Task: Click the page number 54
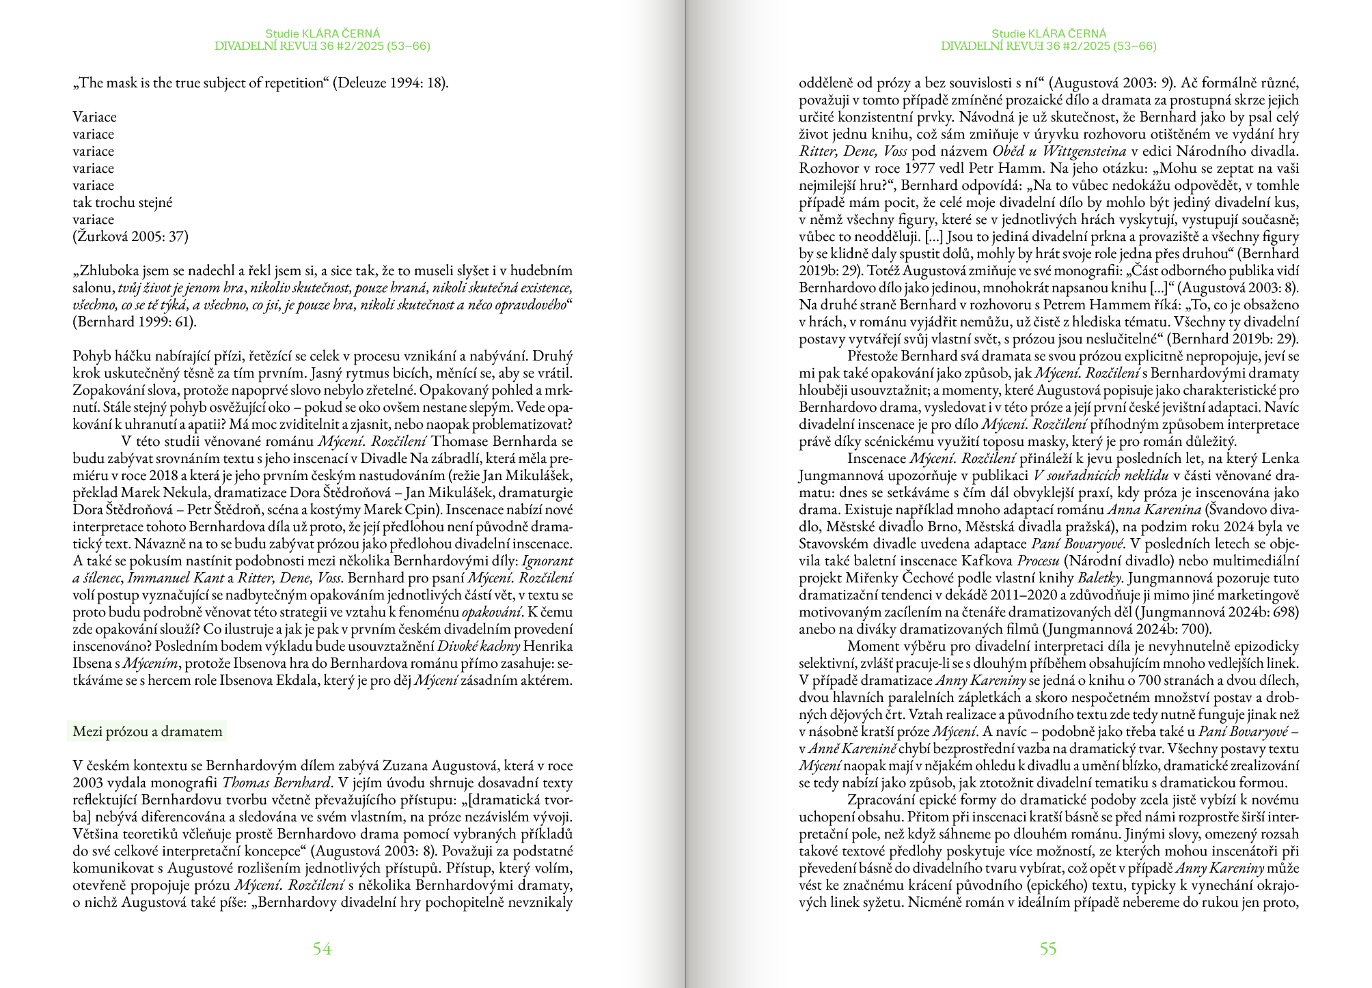point(322,948)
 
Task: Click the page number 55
point(1048,948)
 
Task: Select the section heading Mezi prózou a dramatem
point(148,731)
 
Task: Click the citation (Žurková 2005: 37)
point(131,236)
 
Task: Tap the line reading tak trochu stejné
point(122,202)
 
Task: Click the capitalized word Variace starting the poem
point(95,117)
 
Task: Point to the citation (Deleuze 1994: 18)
point(391,83)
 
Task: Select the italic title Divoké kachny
point(478,646)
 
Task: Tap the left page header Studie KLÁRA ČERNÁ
point(323,33)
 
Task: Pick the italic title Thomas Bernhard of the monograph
point(276,782)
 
